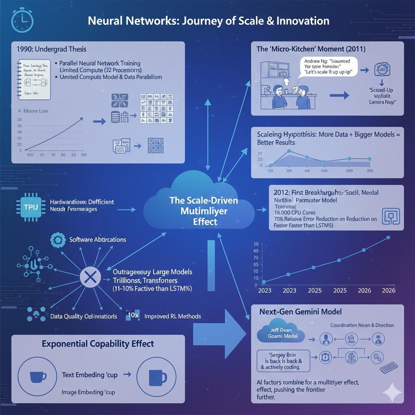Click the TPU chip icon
click(31, 206)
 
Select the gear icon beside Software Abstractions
click(58, 240)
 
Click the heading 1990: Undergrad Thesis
click(51, 49)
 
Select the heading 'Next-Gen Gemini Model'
click(300, 312)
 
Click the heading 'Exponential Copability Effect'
click(98, 344)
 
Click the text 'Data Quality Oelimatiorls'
click(83, 316)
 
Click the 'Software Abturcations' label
click(98, 240)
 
